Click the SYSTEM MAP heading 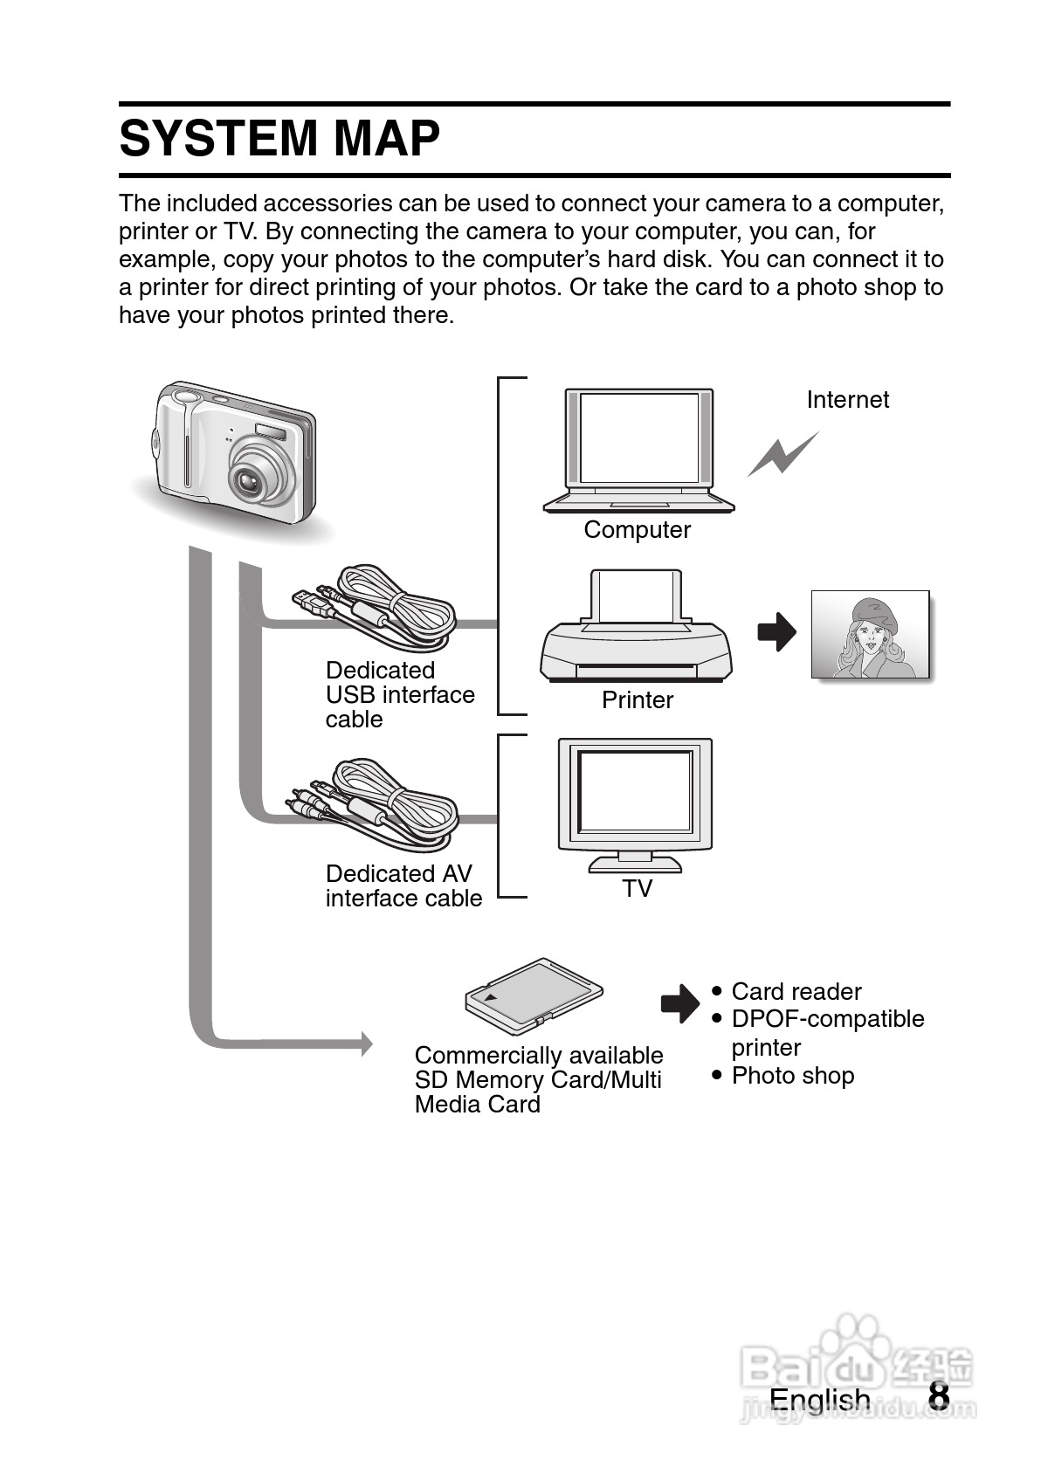coord(279,139)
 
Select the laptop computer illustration coord(638,451)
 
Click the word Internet coord(848,400)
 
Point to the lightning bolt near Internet coord(782,454)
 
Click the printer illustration coord(636,627)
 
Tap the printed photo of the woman coord(871,635)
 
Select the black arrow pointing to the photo coord(777,632)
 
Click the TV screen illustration coord(635,805)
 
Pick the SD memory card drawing coord(534,997)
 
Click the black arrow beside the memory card coord(680,1002)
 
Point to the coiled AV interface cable coord(372,804)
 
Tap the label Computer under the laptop coord(637,530)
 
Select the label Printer coord(638,700)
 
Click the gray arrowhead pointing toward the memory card coord(366,1043)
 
